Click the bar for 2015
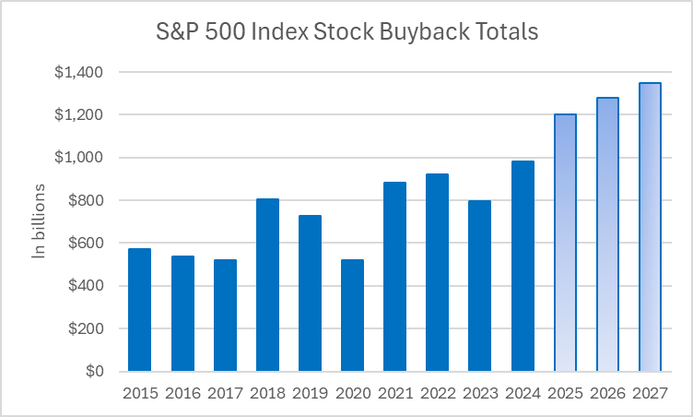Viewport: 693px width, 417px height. (140, 310)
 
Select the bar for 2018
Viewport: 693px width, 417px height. (267, 285)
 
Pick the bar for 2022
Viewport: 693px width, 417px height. (437, 272)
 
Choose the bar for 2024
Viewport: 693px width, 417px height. (523, 266)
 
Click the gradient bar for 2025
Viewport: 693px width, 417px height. (565, 243)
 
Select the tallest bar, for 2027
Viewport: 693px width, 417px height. (650, 227)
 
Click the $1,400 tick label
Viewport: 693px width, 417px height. (82, 72)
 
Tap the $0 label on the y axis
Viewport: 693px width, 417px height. (94, 372)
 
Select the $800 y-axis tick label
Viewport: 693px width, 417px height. (89, 200)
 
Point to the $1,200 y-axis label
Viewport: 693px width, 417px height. (82, 114)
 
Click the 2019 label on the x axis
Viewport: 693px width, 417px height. (310, 392)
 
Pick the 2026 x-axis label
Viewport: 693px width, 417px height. (607, 392)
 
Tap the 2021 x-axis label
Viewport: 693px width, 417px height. (394, 392)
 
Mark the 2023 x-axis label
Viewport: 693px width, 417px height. (480, 392)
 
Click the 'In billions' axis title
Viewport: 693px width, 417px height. (39, 221)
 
